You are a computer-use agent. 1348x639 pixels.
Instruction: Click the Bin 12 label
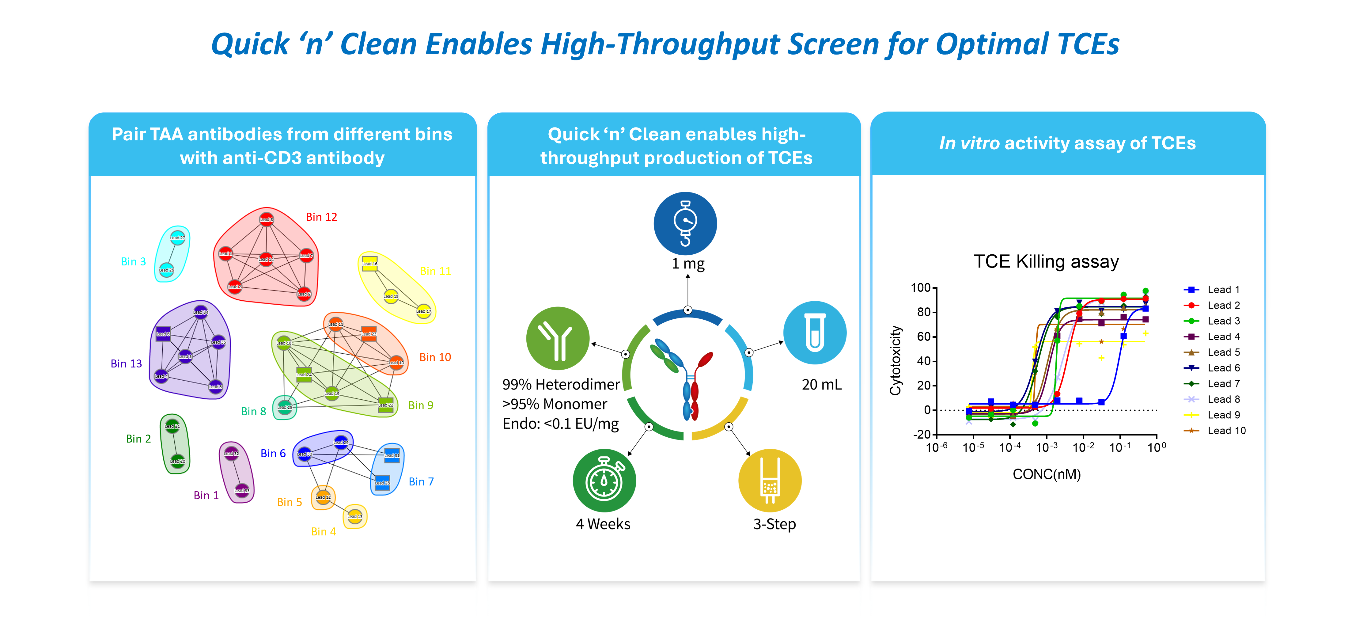[321, 217]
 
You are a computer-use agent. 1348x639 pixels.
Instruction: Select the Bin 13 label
[126, 364]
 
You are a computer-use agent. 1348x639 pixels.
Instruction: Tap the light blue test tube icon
[814, 333]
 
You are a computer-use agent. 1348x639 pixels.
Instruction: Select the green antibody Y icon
[558, 339]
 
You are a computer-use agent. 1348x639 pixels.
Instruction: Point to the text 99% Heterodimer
[561, 385]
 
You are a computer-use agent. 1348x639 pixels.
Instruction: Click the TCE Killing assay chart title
[1046, 261]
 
